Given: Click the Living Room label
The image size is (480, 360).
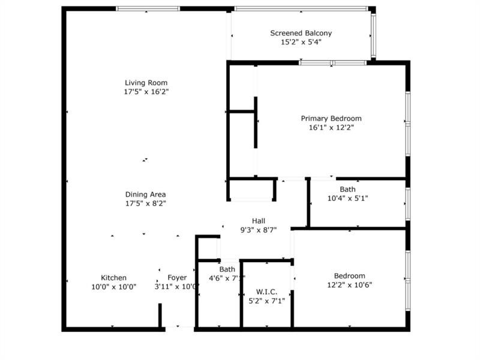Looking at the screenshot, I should [x=146, y=83].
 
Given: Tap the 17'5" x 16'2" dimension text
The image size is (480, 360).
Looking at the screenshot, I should [x=146, y=92].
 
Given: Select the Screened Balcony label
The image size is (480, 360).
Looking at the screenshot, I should [x=301, y=34].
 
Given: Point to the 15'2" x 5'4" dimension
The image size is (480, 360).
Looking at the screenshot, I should [x=301, y=43].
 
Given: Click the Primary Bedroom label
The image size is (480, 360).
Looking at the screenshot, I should [x=331, y=119].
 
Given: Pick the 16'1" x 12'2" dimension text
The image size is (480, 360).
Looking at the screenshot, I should [x=331, y=128].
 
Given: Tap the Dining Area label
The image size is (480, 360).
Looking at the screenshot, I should [x=145, y=194].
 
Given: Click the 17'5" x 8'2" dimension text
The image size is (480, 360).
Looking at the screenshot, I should [x=145, y=203].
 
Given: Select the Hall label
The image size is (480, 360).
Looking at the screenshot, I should [x=259, y=221].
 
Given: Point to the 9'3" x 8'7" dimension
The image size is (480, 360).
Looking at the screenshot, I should [x=259, y=230].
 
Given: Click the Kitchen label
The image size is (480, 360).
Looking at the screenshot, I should [x=113, y=278].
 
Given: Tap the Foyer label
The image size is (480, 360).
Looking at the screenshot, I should [x=177, y=278].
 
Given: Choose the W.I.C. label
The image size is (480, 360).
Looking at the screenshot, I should [x=266, y=292].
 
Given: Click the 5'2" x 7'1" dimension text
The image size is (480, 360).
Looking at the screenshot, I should [x=266, y=301].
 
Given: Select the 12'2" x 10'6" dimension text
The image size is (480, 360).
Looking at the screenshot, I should [x=350, y=285].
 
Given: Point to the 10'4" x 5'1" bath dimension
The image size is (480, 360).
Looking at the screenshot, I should [x=347, y=198].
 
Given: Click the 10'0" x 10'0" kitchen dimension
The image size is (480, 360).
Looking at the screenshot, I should [x=113, y=287].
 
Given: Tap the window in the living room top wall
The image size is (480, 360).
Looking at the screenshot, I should [x=148, y=9].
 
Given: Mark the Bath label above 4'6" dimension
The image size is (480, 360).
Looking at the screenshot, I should [x=227, y=269].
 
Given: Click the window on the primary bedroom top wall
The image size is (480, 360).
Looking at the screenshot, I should [x=332, y=62].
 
